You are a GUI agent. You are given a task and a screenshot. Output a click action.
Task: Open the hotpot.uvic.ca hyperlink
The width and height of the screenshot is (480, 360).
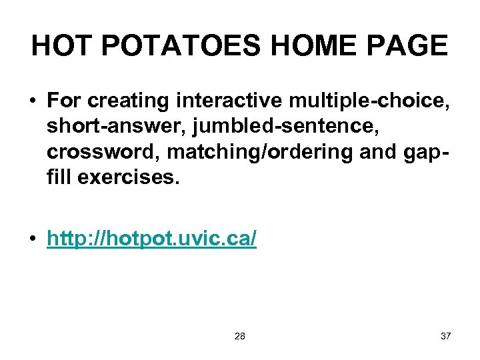click(151, 239)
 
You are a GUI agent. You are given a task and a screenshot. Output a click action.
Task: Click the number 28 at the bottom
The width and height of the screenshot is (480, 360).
click(240, 336)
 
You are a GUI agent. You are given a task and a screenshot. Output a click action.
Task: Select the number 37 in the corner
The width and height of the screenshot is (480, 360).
click(445, 336)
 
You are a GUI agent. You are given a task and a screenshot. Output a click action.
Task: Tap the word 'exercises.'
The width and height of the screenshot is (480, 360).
click(129, 177)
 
